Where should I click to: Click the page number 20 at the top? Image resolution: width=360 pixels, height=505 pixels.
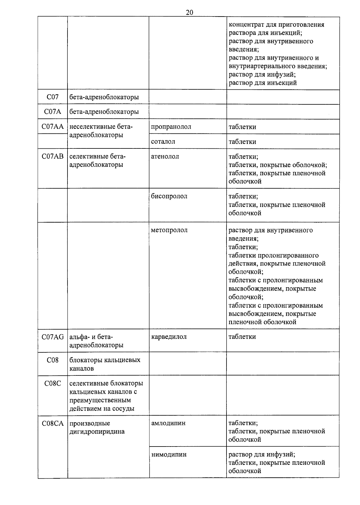point(189,12)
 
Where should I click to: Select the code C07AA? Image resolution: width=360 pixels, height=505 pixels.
point(52,127)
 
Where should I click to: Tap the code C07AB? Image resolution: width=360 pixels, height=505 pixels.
point(52,156)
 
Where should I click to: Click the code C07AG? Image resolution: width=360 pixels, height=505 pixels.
point(52,337)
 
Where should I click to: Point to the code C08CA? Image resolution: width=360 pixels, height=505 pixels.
point(52,423)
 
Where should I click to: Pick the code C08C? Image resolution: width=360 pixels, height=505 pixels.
point(52,384)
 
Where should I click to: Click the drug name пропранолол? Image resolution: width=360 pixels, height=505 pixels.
point(171,127)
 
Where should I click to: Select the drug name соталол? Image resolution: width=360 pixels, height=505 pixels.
point(163,142)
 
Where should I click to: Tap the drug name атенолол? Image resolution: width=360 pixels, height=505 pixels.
point(165,156)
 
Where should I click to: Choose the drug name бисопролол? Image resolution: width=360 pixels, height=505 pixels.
point(169,196)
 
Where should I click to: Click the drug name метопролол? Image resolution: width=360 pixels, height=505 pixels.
point(169,230)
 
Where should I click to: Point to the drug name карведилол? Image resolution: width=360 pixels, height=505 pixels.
point(169,337)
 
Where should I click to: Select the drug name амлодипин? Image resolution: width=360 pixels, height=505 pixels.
point(168,423)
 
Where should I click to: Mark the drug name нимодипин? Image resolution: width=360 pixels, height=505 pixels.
point(169,455)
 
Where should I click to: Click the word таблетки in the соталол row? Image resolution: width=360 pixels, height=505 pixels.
point(242,142)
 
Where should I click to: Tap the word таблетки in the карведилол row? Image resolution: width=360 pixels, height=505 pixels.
point(242,337)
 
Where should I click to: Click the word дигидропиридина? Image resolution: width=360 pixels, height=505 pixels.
point(97,432)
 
